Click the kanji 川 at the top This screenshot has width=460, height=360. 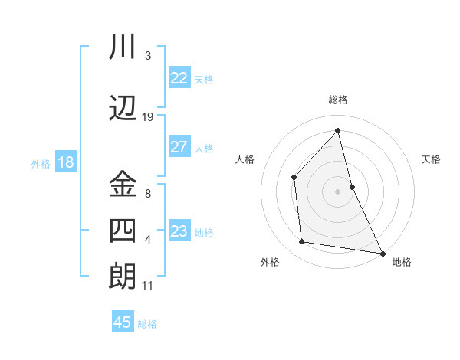pyautogui.click(x=123, y=48)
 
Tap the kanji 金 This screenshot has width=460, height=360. pyautogui.click(x=123, y=184)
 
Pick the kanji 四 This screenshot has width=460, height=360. pyautogui.click(x=123, y=230)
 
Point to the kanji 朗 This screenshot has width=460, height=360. pyautogui.click(x=123, y=276)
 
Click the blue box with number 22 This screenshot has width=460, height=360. pyautogui.click(x=179, y=77)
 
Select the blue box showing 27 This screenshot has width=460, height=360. pyautogui.click(x=179, y=147)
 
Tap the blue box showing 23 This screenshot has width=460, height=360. pyautogui.click(x=179, y=231)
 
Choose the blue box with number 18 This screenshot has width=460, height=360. pyautogui.click(x=65, y=162)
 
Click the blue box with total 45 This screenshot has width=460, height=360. pyautogui.click(x=123, y=322)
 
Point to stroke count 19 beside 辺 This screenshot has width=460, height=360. pyautogui.click(x=148, y=117)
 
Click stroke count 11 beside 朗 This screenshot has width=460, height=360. pyautogui.click(x=148, y=286)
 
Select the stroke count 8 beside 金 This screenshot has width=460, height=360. pyautogui.click(x=148, y=194)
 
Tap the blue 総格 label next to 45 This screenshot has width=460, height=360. pyautogui.click(x=147, y=324)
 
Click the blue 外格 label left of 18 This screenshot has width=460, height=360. pyautogui.click(x=41, y=164)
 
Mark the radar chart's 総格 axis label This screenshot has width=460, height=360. pyautogui.click(x=337, y=100)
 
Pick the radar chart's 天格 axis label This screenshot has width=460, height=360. pyautogui.click(x=431, y=159)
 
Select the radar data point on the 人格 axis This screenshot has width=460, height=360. pyautogui.click(x=294, y=178)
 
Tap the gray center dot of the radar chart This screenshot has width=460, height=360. pyautogui.click(x=337, y=191)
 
